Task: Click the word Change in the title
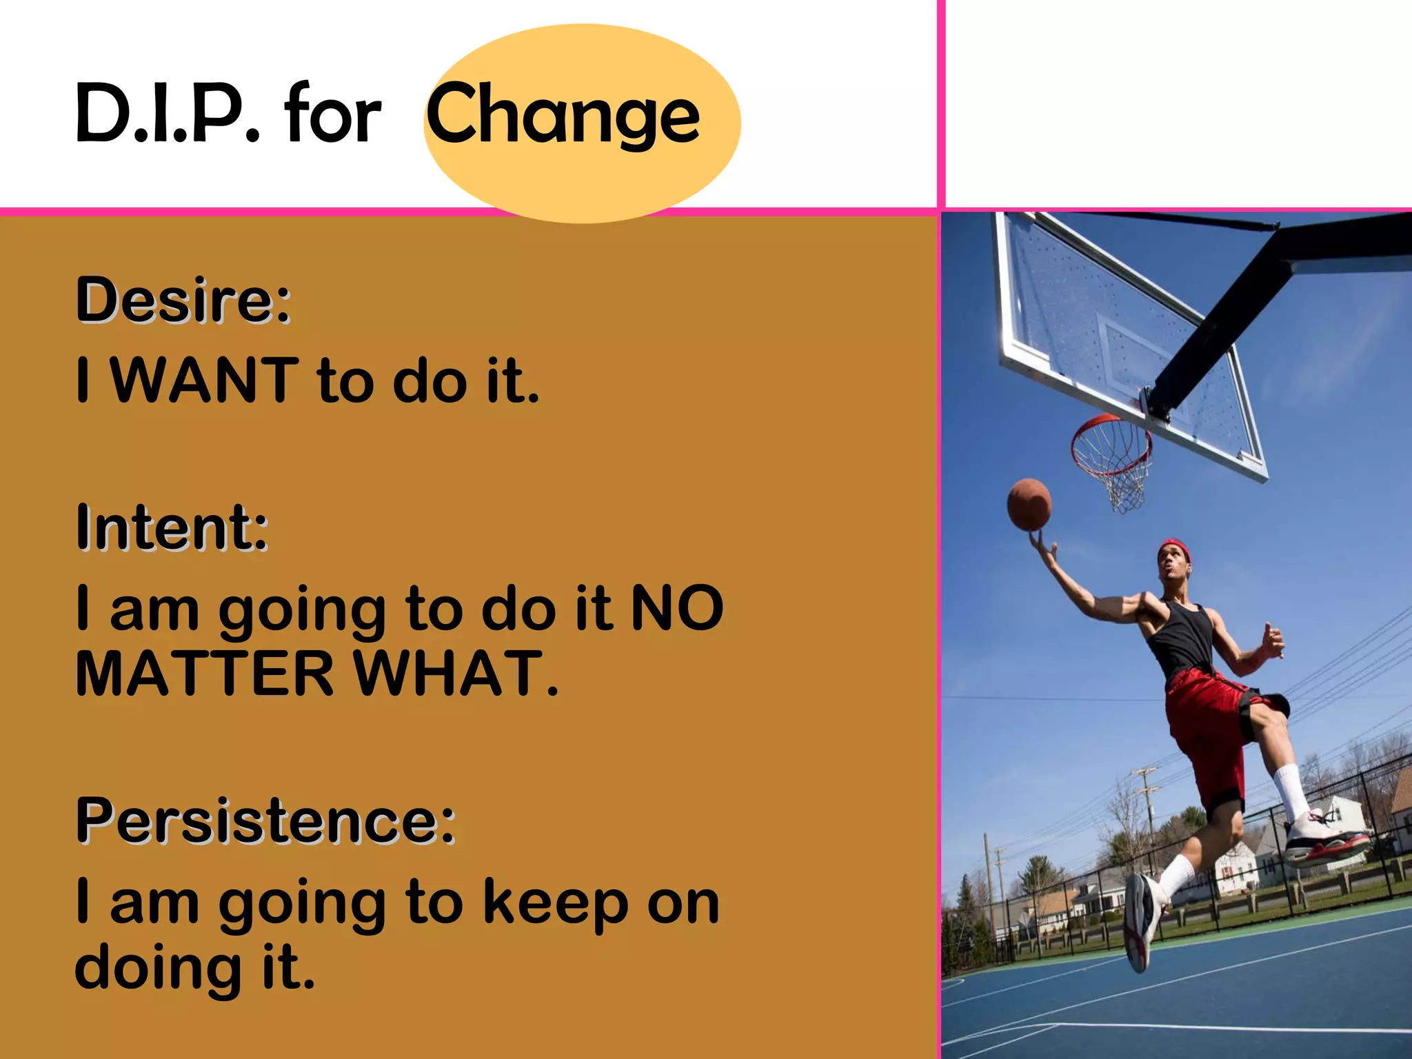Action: (562, 114)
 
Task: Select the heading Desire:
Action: (183, 301)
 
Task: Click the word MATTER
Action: (204, 674)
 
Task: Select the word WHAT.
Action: (455, 674)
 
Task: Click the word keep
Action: (555, 903)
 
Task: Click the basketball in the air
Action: (1029, 504)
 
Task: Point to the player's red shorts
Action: (1213, 731)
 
